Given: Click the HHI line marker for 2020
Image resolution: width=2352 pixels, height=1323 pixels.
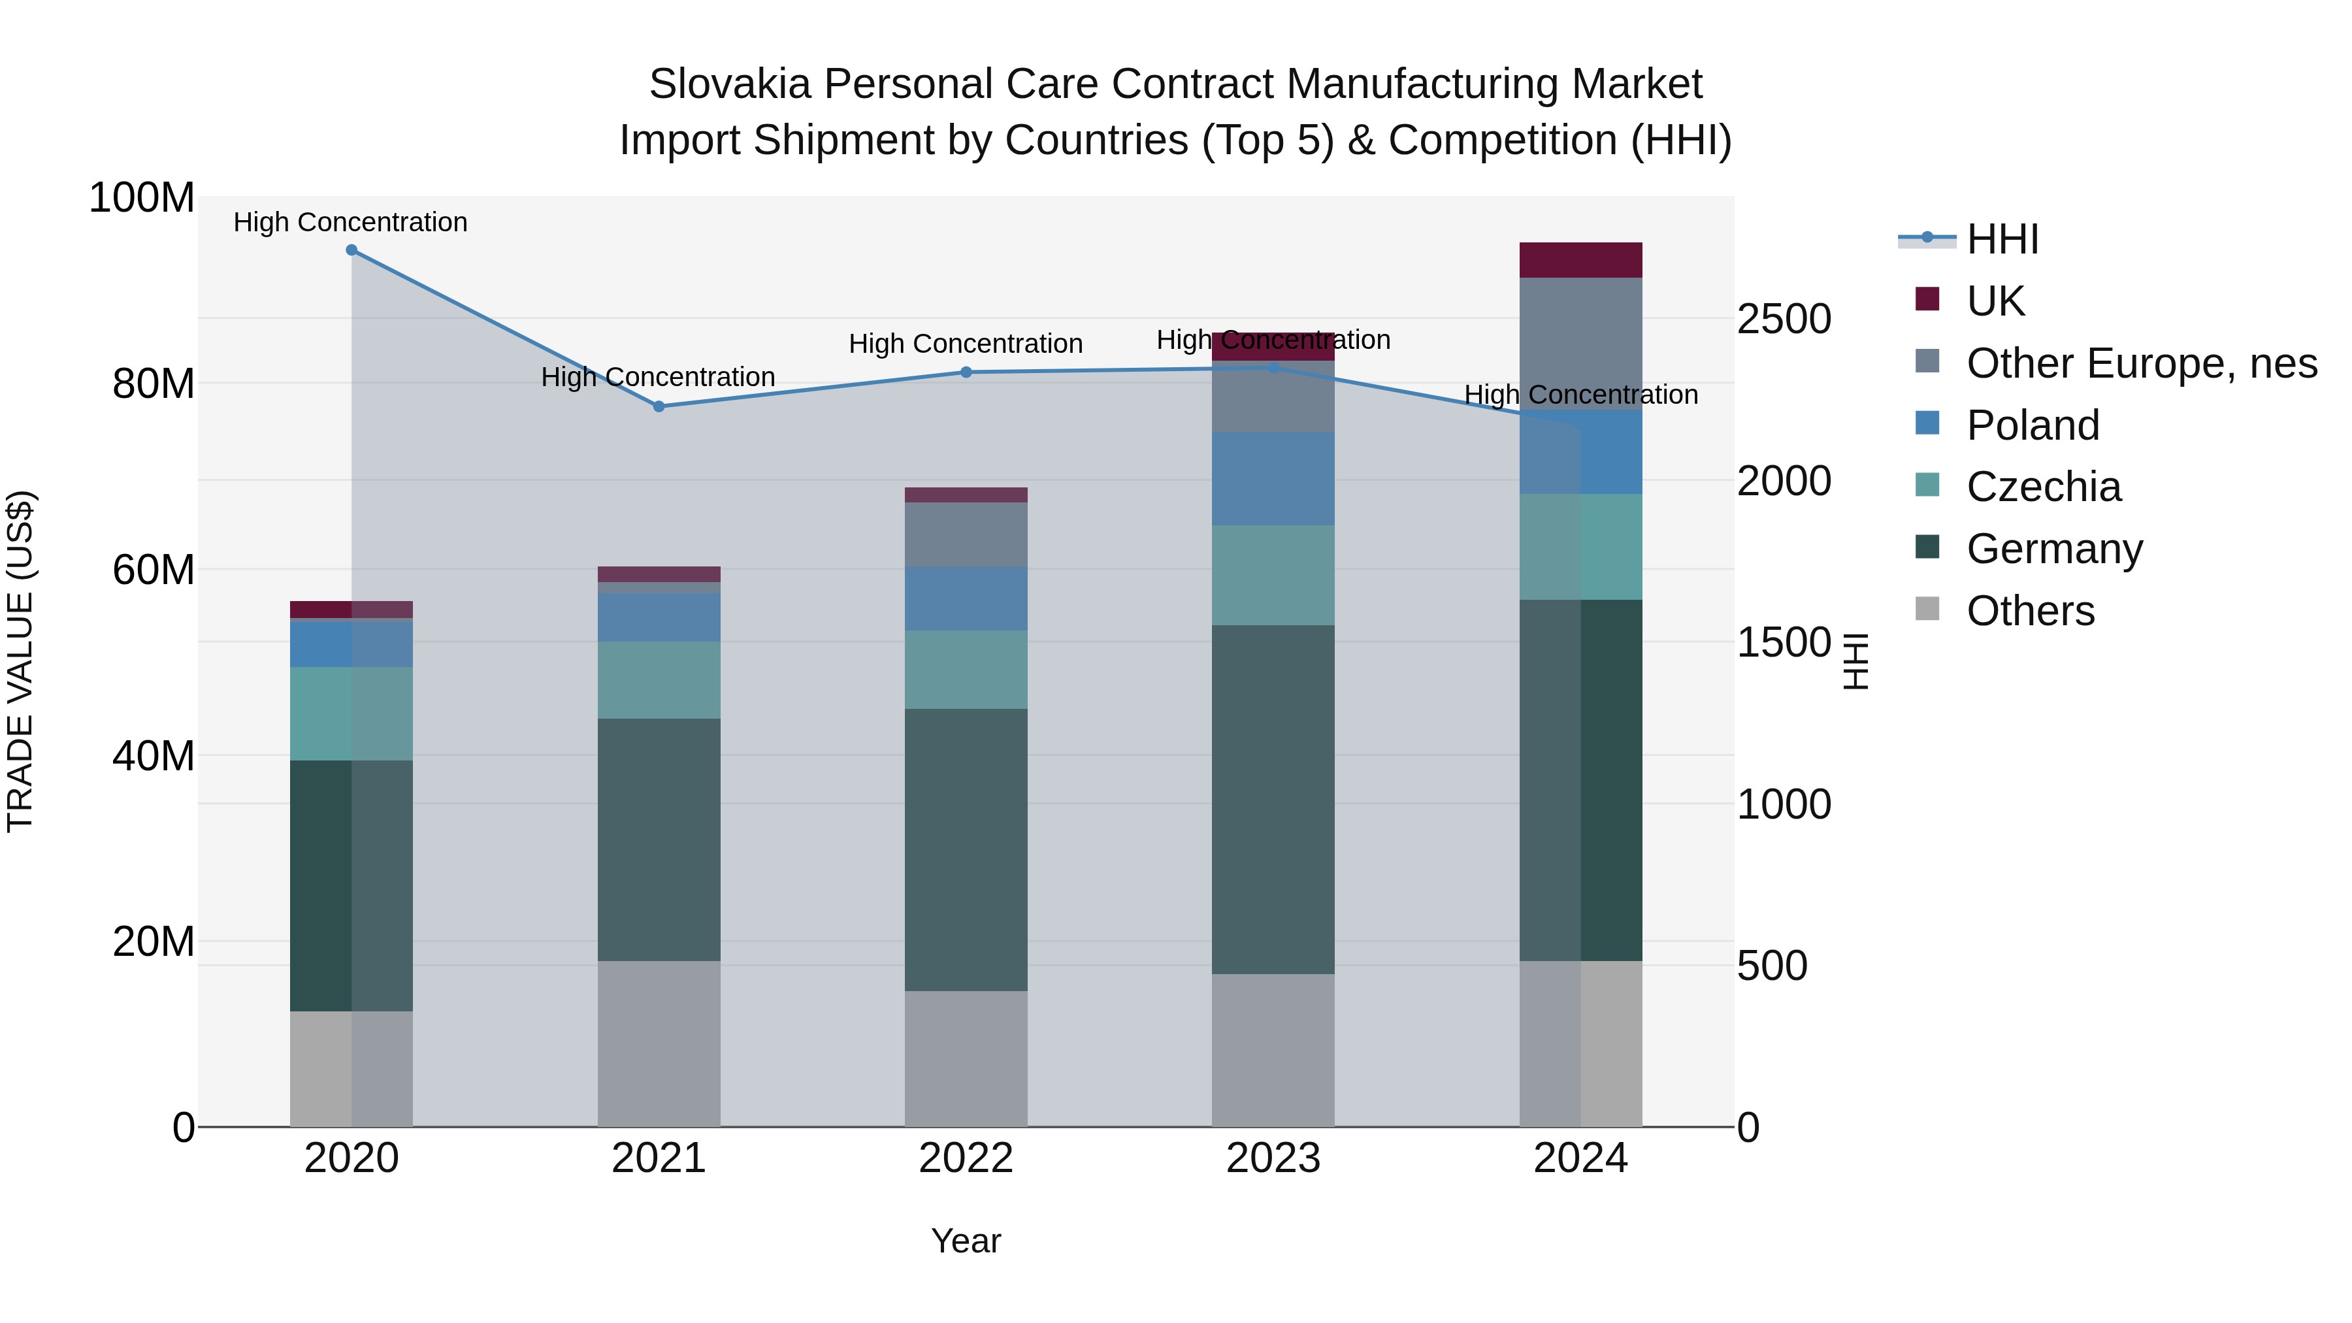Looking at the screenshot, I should pos(351,250).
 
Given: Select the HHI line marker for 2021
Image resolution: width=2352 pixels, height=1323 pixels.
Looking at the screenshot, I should pos(659,406).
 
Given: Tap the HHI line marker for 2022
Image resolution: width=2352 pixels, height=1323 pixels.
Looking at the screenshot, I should pos(966,372).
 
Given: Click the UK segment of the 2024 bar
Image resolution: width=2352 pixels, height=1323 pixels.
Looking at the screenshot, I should pos(1580,260).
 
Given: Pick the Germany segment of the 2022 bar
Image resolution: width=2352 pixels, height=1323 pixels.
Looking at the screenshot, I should pos(966,849).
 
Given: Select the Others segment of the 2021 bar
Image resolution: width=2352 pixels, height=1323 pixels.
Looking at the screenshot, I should pos(659,1043).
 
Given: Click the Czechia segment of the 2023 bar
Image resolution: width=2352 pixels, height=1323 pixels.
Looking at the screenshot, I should pos(1273,575).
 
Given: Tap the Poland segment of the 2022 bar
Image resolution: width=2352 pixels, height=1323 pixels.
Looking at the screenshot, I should pos(966,598).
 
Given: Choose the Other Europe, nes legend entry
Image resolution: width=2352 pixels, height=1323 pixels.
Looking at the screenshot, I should pos(2141,363).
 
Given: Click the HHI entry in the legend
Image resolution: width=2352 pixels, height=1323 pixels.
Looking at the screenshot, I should pos(2002,239).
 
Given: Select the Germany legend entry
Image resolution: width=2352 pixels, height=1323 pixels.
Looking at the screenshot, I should pos(2054,549).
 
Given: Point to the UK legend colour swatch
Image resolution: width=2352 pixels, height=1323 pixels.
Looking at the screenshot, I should pos(1927,299).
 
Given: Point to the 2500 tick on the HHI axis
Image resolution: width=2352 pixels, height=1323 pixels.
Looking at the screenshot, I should pos(1783,319).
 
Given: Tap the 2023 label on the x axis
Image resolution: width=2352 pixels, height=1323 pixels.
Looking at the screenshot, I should pos(1273,1158).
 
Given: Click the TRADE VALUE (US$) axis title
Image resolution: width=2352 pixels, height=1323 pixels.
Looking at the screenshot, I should pos(20,661).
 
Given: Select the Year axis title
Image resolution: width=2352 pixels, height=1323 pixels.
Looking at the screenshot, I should pos(966,1241).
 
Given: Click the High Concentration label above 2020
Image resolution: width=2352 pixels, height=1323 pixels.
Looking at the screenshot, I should pos(351,222).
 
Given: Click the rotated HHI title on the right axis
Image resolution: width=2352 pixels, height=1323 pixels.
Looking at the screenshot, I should pos(1855,661).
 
